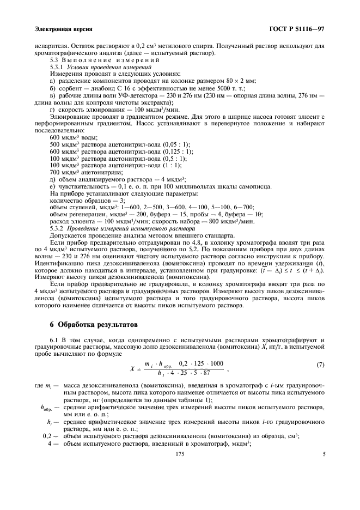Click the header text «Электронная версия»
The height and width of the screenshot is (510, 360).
(x=63, y=28)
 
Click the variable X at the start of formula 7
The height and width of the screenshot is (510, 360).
(x=132, y=369)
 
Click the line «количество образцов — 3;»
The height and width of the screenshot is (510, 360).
(x=83, y=200)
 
